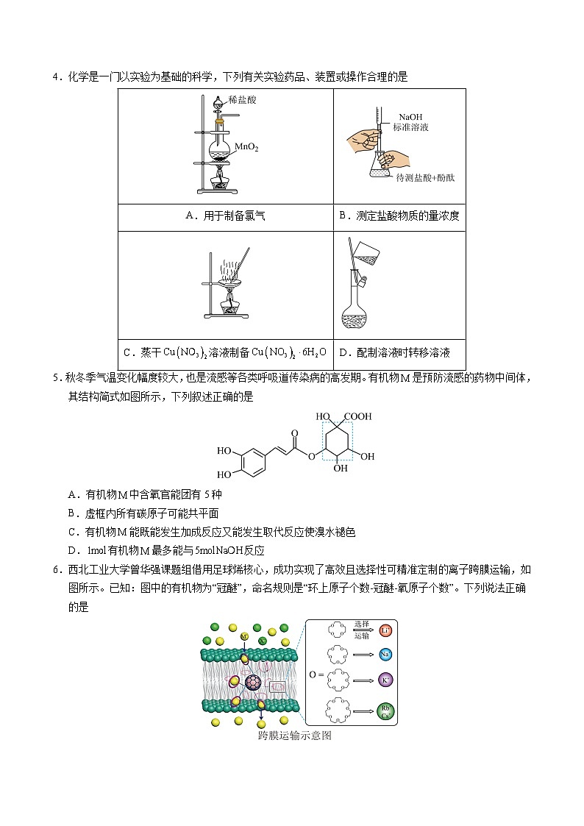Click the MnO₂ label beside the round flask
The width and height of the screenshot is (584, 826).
(246, 148)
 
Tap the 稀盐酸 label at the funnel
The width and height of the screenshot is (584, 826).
(241, 99)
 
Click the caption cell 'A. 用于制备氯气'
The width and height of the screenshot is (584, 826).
(225, 216)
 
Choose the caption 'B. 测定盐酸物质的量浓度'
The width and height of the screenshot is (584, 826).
(399, 216)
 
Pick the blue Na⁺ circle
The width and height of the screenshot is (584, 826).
(385, 654)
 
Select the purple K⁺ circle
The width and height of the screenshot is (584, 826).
(385, 680)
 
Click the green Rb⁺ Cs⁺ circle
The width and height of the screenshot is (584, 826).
(385, 711)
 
